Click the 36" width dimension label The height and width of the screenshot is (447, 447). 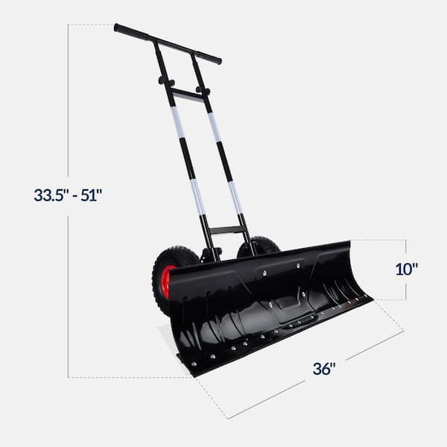coord(324,369)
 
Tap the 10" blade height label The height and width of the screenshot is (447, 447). coord(407,269)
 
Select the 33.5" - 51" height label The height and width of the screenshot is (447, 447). coord(68,195)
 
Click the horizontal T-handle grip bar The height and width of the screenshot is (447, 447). coord(167,43)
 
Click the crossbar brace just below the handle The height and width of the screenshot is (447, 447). coord(186,94)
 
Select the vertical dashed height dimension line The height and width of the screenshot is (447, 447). coord(68,298)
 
